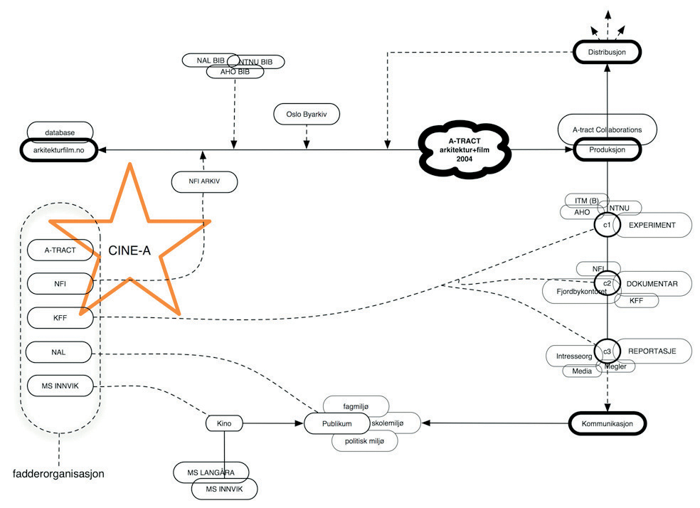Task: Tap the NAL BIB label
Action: tap(210, 60)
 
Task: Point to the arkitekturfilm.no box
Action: tap(61, 150)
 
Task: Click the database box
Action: tap(60, 132)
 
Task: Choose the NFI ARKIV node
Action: tap(203, 181)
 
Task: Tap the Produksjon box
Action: tap(607, 150)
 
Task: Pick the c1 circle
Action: tap(607, 225)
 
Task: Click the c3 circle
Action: tap(607, 351)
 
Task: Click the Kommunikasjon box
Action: tap(608, 423)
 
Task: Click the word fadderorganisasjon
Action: tap(59, 473)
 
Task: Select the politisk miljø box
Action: tap(365, 441)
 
